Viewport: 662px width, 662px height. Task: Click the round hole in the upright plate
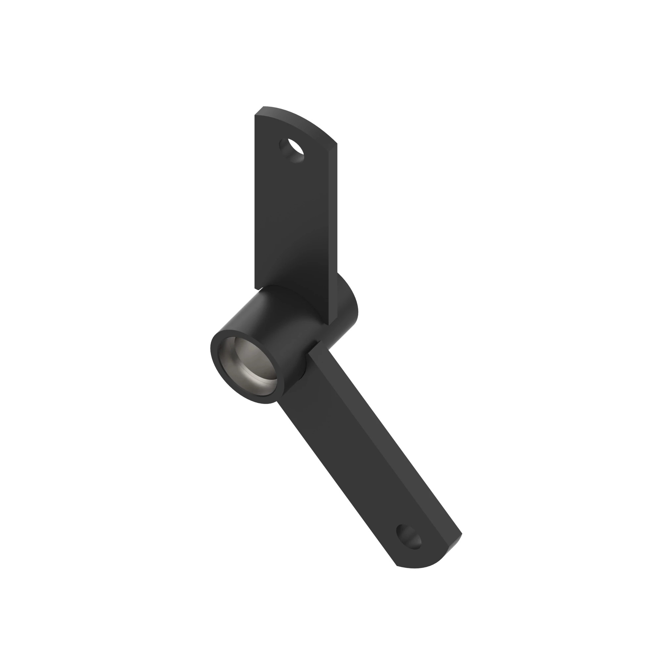292,150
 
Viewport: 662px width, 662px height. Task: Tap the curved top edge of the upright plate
302,120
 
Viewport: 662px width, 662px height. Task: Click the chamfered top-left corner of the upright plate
259,111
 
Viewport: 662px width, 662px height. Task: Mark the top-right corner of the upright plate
336,144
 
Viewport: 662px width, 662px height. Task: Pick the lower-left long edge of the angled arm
336,487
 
